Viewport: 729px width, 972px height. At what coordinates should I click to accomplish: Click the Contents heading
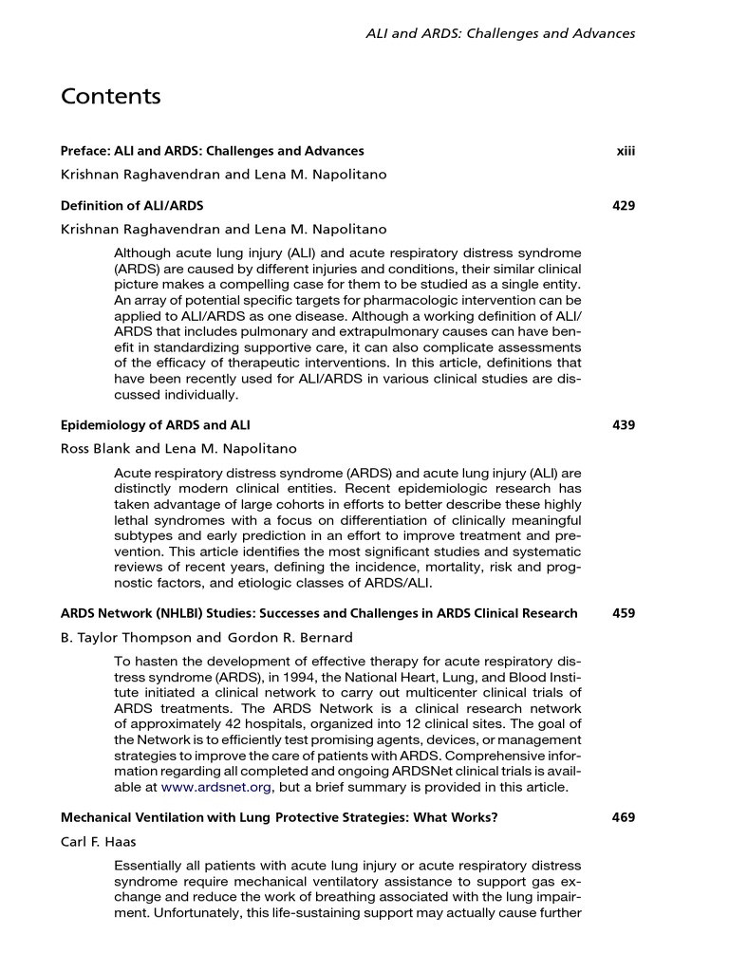[110, 97]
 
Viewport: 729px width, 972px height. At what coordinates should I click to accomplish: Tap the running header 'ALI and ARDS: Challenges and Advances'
[500, 33]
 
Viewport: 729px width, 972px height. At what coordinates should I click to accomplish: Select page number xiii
[625, 151]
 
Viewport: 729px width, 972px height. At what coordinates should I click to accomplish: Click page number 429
[624, 205]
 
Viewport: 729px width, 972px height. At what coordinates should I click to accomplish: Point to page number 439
[624, 424]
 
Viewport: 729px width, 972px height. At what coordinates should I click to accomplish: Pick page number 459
[624, 613]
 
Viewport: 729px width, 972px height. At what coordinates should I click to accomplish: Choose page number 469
[624, 817]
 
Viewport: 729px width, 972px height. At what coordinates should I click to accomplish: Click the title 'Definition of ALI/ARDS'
[132, 205]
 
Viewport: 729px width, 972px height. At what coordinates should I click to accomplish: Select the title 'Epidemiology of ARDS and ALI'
[156, 424]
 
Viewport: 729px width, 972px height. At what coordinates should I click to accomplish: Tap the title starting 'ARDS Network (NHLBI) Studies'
[319, 613]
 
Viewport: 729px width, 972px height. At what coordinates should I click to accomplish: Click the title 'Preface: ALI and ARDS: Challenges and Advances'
[212, 151]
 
